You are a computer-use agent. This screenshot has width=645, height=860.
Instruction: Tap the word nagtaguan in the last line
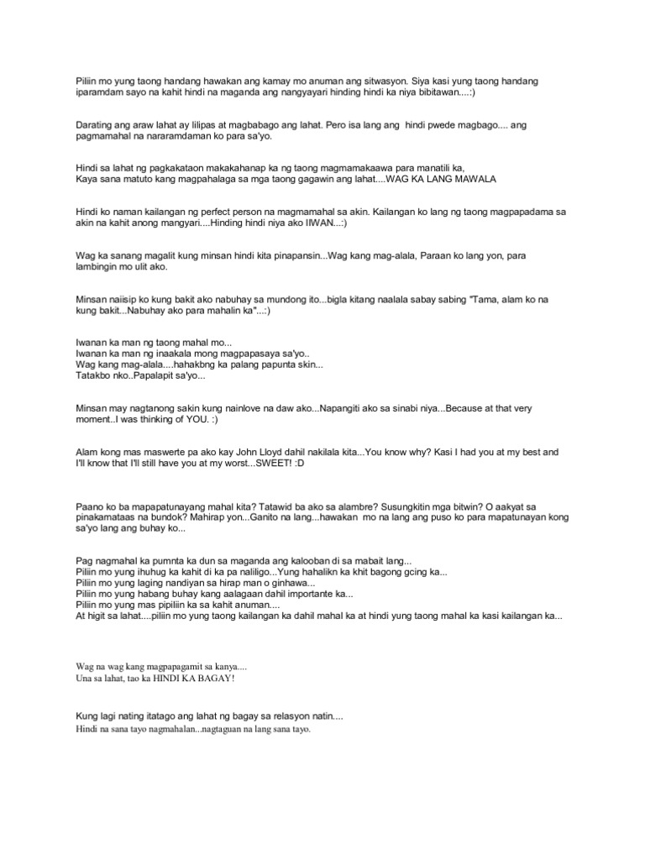click(231, 729)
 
